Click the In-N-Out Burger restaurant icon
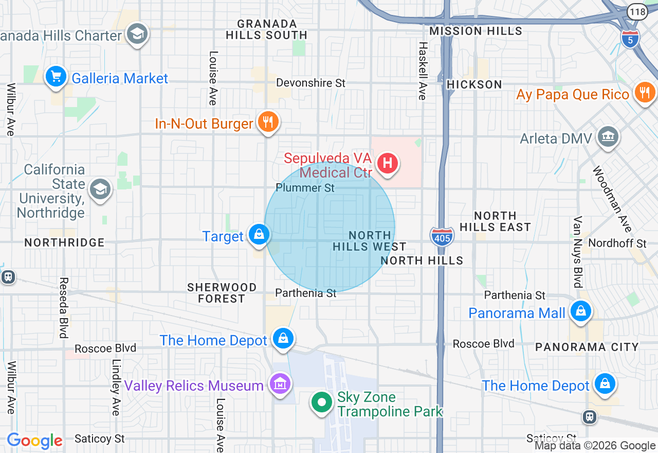click(267, 122)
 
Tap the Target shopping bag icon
click(259, 234)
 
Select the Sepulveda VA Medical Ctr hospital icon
click(388, 164)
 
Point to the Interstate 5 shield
click(630, 38)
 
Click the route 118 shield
click(637, 11)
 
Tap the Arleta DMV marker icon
click(609, 136)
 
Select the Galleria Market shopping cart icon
click(56, 77)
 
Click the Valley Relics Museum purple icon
click(280, 384)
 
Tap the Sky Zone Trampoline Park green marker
click(322, 402)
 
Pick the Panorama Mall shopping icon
click(580, 311)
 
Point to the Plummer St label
click(305, 188)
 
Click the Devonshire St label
click(310, 83)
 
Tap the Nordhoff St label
click(617, 243)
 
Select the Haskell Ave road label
click(422, 71)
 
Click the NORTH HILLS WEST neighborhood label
click(369, 241)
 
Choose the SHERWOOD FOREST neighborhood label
click(222, 293)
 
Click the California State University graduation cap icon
click(100, 189)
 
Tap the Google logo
click(34, 441)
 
